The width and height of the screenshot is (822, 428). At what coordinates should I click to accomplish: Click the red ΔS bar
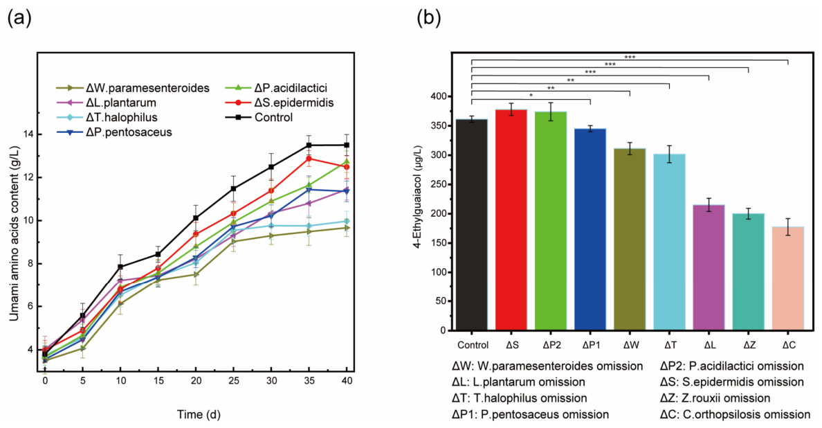(x=511, y=220)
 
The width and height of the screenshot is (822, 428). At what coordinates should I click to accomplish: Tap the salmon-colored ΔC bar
(x=788, y=278)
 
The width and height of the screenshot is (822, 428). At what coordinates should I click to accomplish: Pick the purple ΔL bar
(x=709, y=267)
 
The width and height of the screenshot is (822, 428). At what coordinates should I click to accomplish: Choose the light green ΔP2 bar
(x=551, y=221)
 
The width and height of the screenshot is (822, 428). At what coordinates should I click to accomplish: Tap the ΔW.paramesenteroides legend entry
(x=133, y=87)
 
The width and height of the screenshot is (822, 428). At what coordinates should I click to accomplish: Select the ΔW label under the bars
(x=630, y=345)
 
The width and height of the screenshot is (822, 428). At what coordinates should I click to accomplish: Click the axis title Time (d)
(x=199, y=414)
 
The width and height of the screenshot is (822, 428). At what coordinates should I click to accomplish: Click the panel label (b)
(x=429, y=19)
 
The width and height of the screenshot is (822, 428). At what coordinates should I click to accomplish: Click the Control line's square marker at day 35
(x=309, y=145)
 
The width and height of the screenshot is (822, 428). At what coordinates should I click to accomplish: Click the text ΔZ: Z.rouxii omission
(x=715, y=398)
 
